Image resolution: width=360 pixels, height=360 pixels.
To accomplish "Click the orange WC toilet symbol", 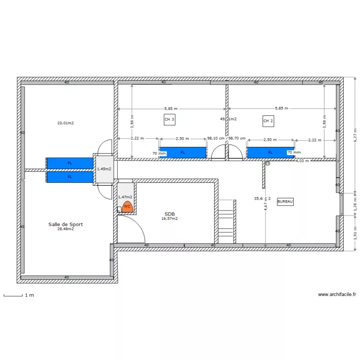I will [x=127, y=207].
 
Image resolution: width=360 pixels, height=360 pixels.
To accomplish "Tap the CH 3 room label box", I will [x=169, y=120].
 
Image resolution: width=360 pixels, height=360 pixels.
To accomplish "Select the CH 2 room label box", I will [x=268, y=120].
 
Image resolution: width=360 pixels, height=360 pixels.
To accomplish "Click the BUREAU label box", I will [x=285, y=202].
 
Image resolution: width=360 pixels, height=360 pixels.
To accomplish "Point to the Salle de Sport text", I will [x=65, y=224].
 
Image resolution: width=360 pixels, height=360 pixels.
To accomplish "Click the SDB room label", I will [x=169, y=214].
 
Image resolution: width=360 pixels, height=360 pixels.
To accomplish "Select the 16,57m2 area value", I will [x=169, y=218].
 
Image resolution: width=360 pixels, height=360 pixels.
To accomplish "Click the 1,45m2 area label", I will [x=104, y=169].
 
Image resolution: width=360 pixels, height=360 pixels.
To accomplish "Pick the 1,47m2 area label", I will [x=125, y=197].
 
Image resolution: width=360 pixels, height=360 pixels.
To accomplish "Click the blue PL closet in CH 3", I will [x=182, y=153].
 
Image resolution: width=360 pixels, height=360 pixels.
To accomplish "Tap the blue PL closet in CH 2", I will [x=270, y=153].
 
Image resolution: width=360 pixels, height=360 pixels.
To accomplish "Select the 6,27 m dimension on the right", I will [x=355, y=135].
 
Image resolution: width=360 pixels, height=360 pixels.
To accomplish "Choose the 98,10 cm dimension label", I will [x=215, y=138].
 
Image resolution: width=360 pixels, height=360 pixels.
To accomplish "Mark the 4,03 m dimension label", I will [x=302, y=161].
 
